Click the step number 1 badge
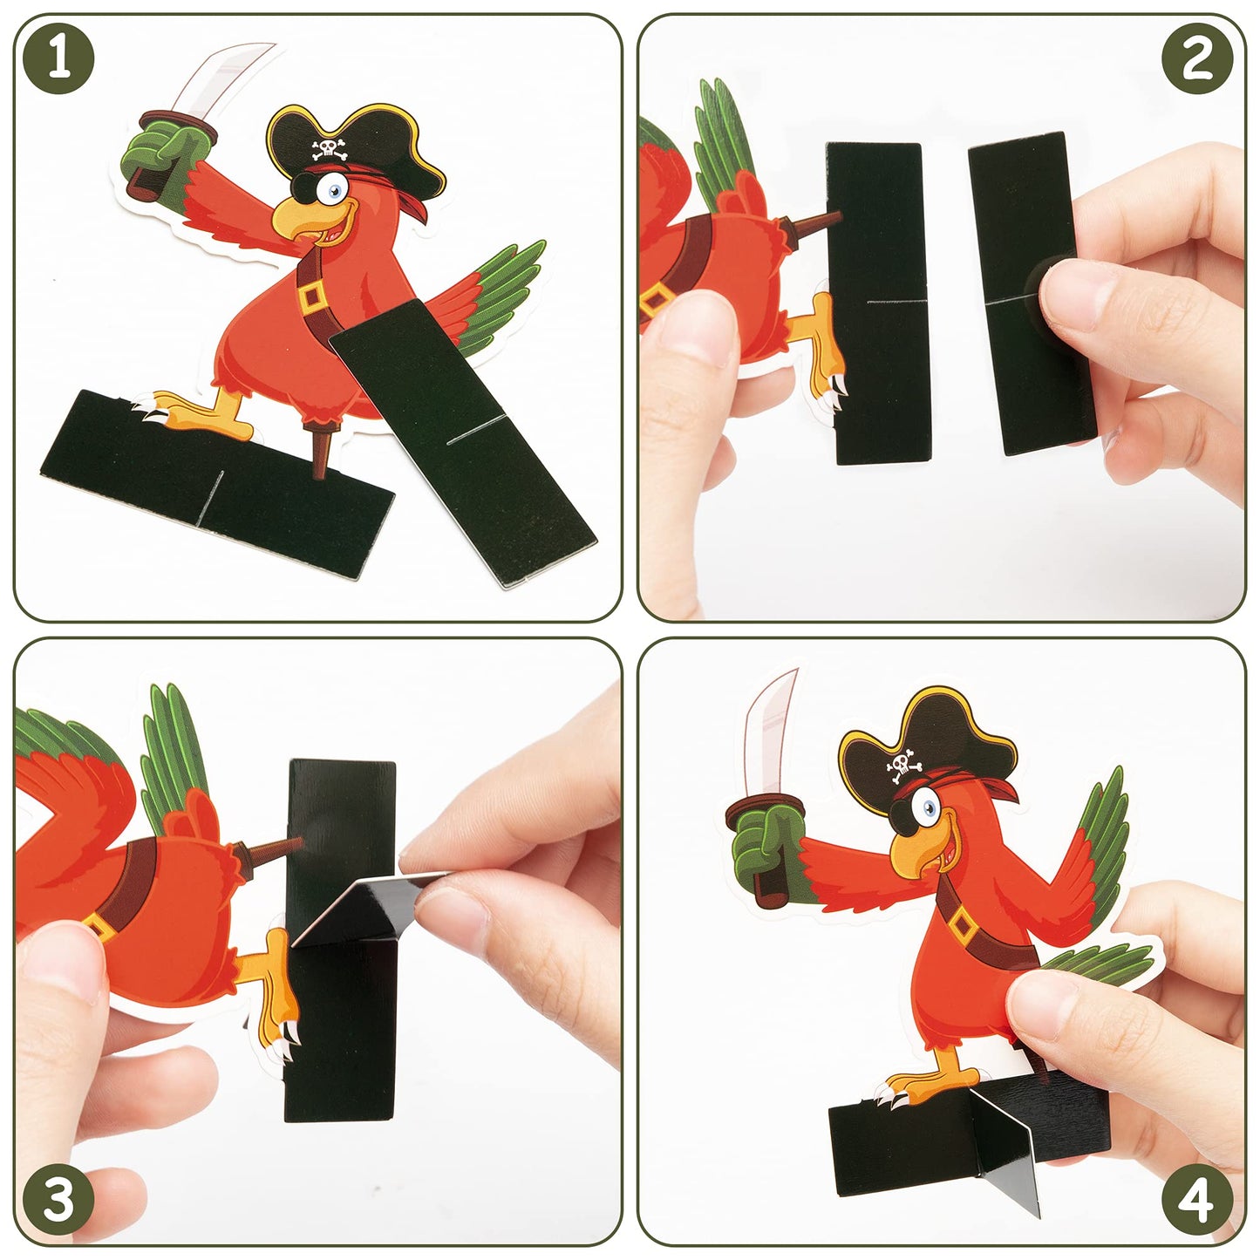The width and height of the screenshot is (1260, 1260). click(58, 58)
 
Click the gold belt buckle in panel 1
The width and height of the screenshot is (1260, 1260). click(312, 297)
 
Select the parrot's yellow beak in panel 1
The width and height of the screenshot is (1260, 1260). click(304, 222)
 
